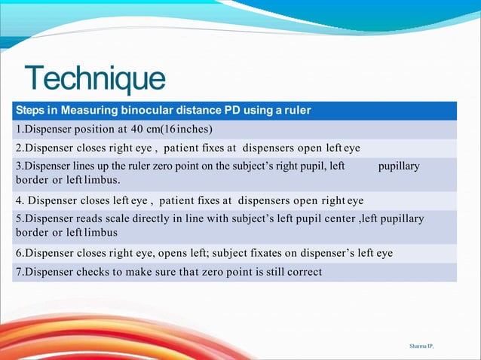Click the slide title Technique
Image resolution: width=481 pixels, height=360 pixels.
[x=94, y=79]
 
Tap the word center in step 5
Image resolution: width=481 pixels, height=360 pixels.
[x=336, y=219]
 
